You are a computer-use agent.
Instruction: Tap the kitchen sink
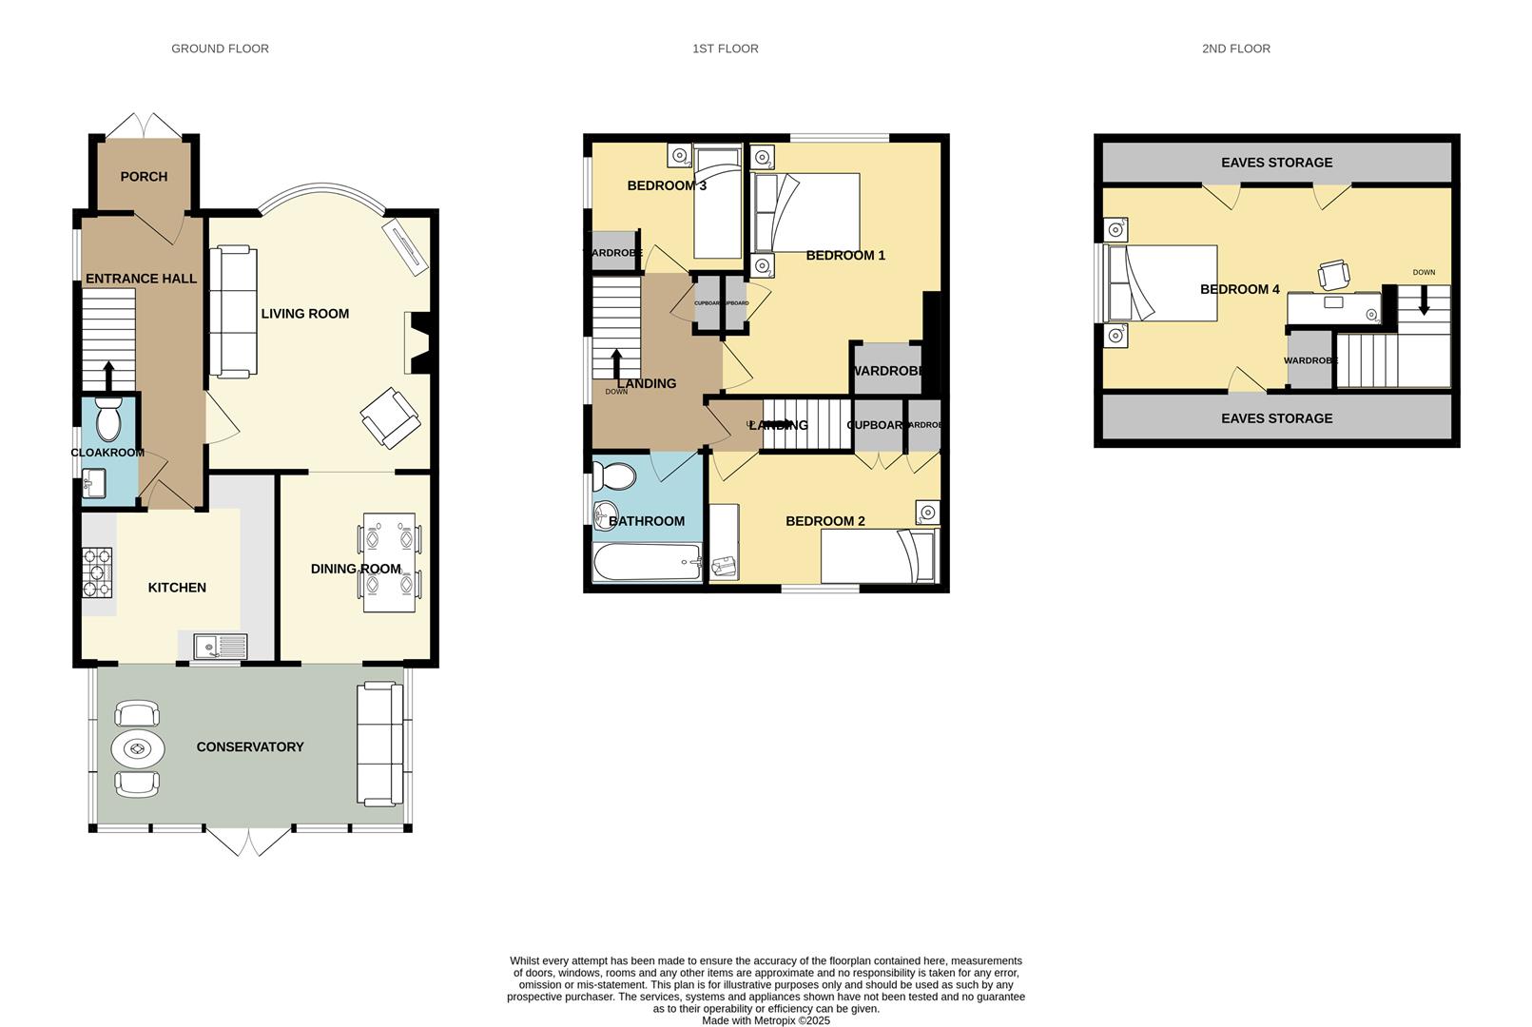220,648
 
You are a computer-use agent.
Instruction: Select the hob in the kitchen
97,572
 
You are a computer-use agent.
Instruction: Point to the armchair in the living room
390,417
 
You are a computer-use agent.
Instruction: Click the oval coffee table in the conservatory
138,749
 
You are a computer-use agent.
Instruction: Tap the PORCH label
144,177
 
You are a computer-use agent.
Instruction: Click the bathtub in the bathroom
647,563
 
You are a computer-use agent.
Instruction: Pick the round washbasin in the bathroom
606,516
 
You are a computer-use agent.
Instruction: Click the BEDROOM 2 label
824,521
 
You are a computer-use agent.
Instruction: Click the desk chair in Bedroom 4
1333,274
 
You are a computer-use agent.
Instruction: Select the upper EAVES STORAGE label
1276,163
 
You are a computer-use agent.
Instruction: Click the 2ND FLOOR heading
1235,48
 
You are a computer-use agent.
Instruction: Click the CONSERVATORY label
250,747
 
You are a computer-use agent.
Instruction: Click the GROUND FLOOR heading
220,48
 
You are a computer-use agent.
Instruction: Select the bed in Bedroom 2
879,555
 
